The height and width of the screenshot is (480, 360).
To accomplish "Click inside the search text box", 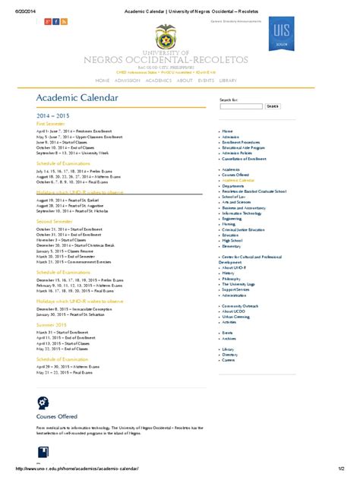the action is click(242, 106).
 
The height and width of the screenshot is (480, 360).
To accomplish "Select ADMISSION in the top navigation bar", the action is click(127, 80).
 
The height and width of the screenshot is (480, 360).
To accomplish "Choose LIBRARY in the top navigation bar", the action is click(228, 80).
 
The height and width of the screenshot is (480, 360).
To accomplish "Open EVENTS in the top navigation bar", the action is click(206, 80).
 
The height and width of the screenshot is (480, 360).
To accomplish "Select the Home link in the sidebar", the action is click(227, 131).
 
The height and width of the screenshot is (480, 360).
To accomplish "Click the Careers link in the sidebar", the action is click(229, 360).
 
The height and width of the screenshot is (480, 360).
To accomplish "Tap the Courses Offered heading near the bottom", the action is click(57, 416).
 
